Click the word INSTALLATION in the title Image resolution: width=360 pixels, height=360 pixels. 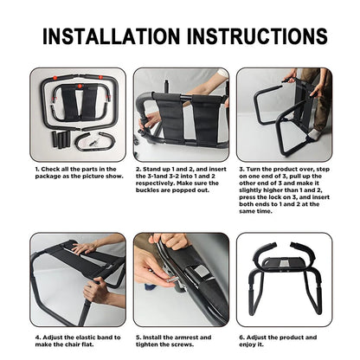tap(112, 36)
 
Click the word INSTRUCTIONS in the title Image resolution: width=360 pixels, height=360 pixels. tap(257, 36)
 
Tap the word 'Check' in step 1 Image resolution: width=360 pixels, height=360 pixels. tap(49, 170)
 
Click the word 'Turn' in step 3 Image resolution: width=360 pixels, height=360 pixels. tap(253, 170)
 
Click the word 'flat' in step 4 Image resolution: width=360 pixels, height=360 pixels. tap(87, 344)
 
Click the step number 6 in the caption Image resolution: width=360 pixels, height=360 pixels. tap(241, 337)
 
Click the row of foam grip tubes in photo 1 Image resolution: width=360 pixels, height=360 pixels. tap(61, 139)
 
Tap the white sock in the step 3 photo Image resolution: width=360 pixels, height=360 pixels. tap(315, 134)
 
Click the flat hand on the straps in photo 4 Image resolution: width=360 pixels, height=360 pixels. tap(85, 248)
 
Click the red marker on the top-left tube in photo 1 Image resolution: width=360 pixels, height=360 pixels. tap(55, 78)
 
